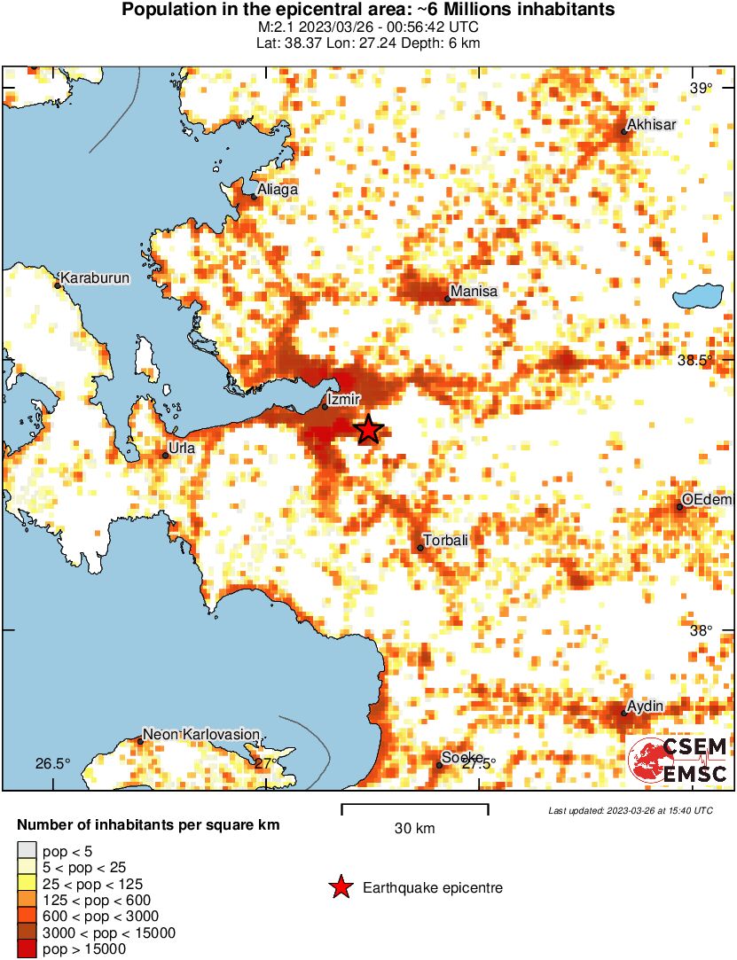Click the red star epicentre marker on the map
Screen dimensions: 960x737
(369, 430)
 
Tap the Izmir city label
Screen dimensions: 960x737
(342, 402)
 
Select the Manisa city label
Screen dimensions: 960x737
(474, 291)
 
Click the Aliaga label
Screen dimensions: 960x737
(277, 190)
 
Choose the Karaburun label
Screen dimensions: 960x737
(95, 278)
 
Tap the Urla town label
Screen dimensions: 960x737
(182, 448)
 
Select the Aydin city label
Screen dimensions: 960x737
(645, 706)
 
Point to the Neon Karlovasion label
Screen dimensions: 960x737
(201, 735)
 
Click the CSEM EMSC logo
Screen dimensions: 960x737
(678, 760)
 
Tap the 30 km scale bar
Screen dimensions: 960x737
(415, 806)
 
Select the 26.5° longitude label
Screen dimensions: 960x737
(52, 763)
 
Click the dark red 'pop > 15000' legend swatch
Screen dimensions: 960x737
(27, 948)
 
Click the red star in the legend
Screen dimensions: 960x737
(340, 887)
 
